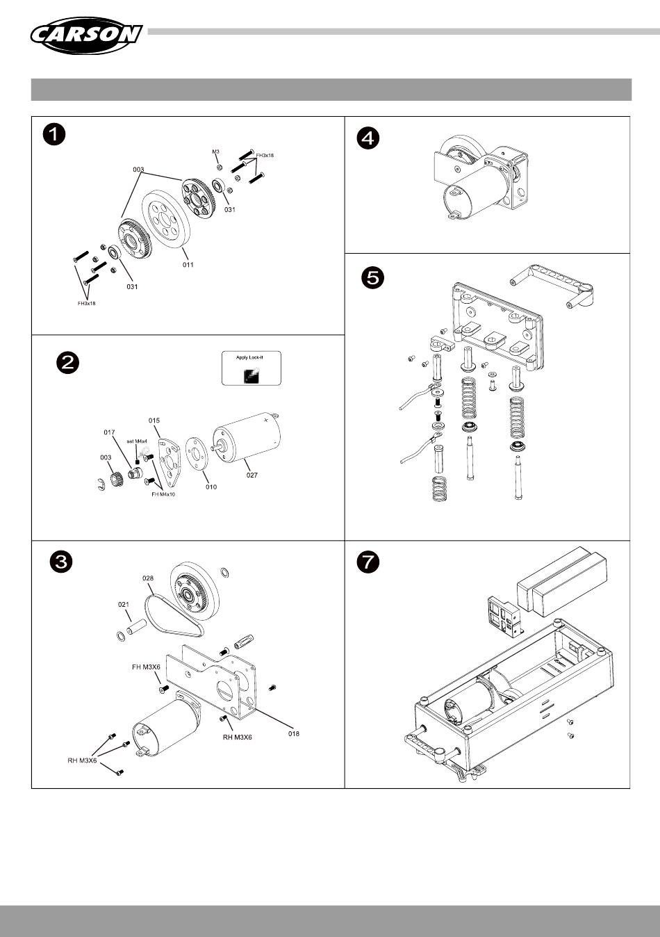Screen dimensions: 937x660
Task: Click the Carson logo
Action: tap(86, 35)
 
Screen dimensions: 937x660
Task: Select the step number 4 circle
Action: tap(368, 138)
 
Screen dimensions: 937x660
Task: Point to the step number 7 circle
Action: tap(368, 562)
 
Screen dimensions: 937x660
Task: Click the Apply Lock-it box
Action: tap(251, 368)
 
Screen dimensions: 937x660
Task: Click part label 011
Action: tap(188, 265)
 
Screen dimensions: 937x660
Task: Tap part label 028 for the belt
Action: tap(148, 578)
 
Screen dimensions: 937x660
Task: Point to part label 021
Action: tap(123, 605)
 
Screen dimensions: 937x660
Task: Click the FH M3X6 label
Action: tap(146, 667)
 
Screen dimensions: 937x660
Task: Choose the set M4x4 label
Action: tap(137, 441)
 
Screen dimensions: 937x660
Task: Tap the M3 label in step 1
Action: tap(215, 150)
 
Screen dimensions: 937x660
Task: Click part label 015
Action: tap(154, 421)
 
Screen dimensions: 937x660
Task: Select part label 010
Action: tap(211, 487)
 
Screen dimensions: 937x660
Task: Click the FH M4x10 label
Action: tap(163, 494)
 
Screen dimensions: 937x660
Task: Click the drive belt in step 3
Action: tap(174, 615)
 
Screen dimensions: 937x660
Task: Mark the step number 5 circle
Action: tap(373, 278)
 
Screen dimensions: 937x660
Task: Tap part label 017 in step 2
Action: tap(109, 432)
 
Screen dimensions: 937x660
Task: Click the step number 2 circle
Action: tap(69, 361)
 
